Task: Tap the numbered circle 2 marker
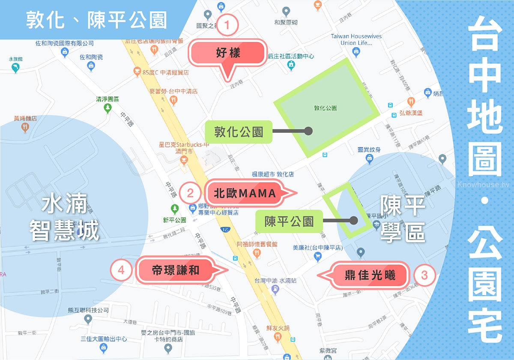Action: [191, 194]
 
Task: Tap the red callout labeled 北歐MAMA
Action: [245, 194]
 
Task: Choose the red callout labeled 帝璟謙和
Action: [176, 270]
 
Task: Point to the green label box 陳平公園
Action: [289, 221]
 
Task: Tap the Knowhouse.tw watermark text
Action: [484, 185]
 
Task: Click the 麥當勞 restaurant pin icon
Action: [173, 100]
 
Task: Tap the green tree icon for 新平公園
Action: [174, 209]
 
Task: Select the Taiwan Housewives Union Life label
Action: [356, 39]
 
